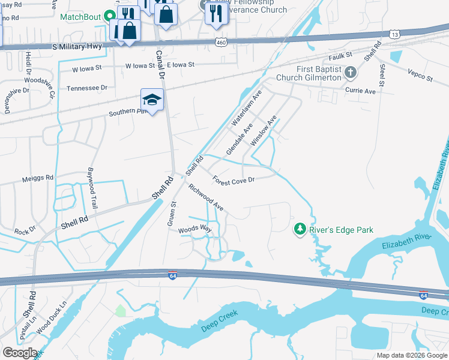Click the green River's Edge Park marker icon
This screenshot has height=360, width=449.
tap(300, 229)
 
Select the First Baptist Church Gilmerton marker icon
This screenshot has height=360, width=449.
tap(351, 73)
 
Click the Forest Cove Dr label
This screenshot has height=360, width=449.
tap(234, 179)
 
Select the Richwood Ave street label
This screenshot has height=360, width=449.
tap(206, 197)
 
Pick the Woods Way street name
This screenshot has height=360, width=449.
tap(195, 229)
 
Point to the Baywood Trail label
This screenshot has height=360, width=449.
tap(93, 184)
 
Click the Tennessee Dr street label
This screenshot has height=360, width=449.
tap(86, 88)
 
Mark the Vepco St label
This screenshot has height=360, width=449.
tap(420, 76)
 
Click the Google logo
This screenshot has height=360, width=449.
tap(19, 353)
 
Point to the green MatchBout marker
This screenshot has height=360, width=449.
tap(110, 16)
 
